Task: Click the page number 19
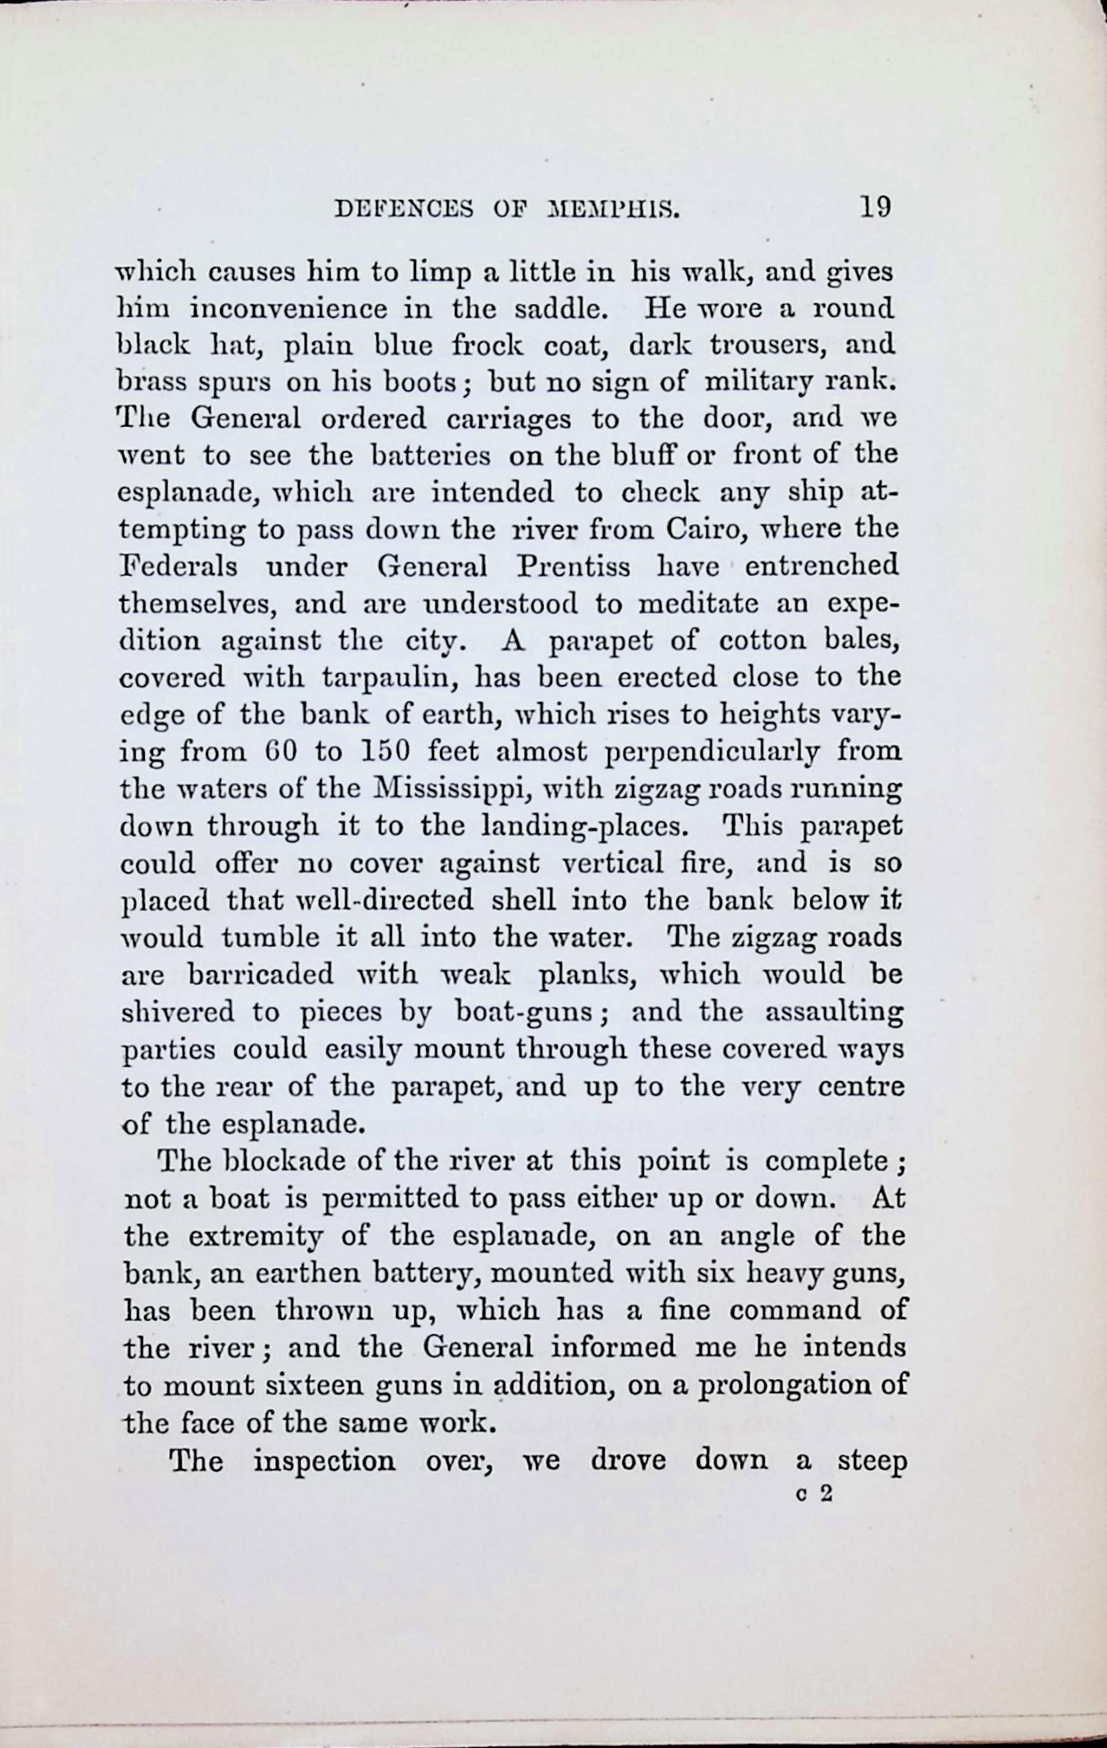click(x=874, y=207)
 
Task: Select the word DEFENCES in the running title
click(x=404, y=210)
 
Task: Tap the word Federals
click(x=177, y=566)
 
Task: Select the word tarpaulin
click(x=388, y=677)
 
